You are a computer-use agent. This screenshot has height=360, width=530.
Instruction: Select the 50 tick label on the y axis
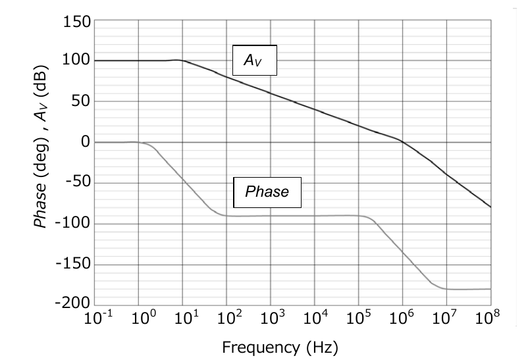point(80,102)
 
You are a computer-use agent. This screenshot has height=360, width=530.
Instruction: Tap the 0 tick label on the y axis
point(84,143)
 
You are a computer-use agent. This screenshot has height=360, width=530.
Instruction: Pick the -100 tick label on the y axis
point(72,224)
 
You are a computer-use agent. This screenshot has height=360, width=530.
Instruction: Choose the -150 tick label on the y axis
point(72,265)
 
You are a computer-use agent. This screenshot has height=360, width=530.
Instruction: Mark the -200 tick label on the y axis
point(72,304)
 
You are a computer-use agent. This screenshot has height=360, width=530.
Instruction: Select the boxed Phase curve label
point(267,192)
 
